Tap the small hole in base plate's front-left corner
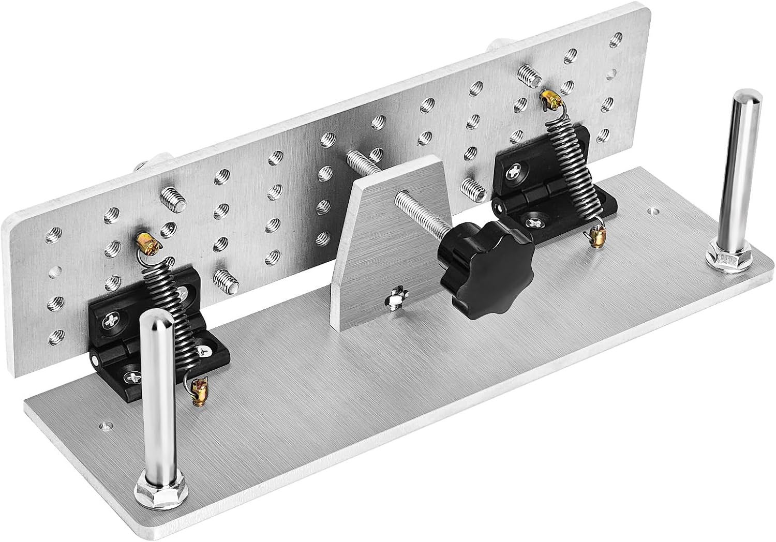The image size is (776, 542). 105,425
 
